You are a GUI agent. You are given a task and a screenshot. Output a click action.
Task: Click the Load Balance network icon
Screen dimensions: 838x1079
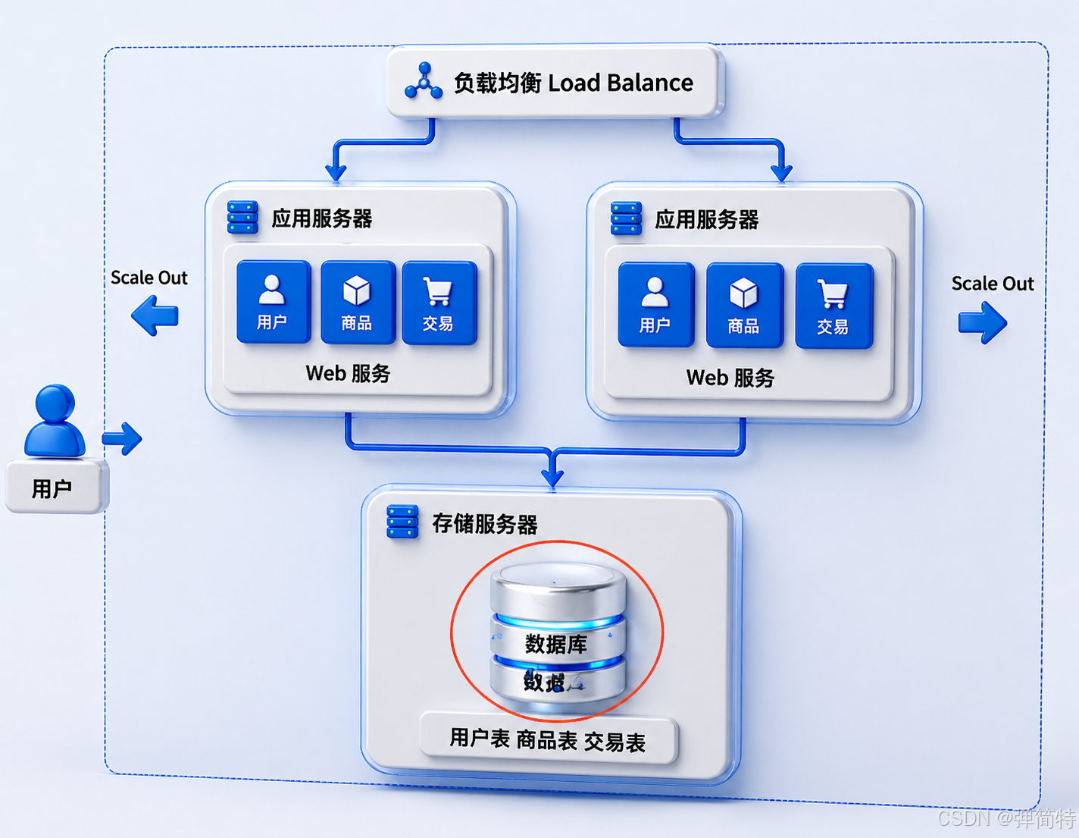pyautogui.click(x=424, y=82)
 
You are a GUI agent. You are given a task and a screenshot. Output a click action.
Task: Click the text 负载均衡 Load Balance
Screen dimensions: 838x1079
pyautogui.click(x=573, y=83)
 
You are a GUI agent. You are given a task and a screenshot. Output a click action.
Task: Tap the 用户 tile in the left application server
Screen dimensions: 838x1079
pyautogui.click(x=273, y=302)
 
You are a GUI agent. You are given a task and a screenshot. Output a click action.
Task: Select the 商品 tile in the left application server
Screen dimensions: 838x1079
pyautogui.click(x=357, y=303)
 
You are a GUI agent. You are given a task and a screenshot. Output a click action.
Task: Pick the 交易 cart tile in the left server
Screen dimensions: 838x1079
pyautogui.click(x=439, y=303)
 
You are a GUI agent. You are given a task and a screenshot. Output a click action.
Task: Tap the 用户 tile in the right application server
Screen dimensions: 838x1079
pyautogui.click(x=655, y=305)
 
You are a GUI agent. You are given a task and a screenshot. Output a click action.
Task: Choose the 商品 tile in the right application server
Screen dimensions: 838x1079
pyautogui.click(x=744, y=306)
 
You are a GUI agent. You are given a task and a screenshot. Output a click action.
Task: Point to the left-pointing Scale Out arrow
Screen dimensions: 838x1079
pyautogui.click(x=155, y=315)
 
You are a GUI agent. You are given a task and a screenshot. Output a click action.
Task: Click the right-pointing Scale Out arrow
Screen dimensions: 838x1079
pyautogui.click(x=982, y=322)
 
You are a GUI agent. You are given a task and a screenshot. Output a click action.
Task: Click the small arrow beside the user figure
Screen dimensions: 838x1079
pyautogui.click(x=123, y=438)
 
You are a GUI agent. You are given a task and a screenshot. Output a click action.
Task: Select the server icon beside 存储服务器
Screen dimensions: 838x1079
pyautogui.click(x=402, y=522)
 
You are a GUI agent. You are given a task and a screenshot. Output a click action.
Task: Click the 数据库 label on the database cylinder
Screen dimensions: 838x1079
pyautogui.click(x=557, y=644)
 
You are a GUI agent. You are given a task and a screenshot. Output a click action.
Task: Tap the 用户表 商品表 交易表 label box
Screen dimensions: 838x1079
pyautogui.click(x=548, y=739)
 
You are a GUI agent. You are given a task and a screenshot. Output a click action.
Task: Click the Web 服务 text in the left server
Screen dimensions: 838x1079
pyautogui.click(x=348, y=373)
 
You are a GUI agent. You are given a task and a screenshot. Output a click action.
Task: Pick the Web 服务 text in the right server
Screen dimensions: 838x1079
pyautogui.click(x=730, y=378)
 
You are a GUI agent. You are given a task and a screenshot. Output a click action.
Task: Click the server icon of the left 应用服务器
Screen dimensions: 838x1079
pyautogui.click(x=242, y=218)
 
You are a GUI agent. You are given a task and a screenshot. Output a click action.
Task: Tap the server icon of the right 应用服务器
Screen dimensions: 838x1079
pyautogui.click(x=626, y=218)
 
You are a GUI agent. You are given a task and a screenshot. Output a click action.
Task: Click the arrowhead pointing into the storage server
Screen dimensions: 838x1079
pyautogui.click(x=553, y=477)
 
